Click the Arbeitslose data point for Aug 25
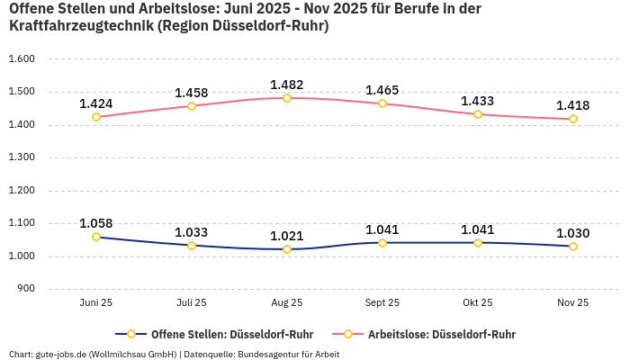[x=287, y=98]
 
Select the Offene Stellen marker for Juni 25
[x=96, y=237]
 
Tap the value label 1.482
[x=287, y=85]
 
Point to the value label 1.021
[x=287, y=236]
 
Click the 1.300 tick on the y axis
[x=21, y=157]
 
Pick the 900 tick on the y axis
[x=25, y=289]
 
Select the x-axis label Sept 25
[x=382, y=303]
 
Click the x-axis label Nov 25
[x=572, y=303]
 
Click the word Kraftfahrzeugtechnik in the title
[x=80, y=26]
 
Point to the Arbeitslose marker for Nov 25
[x=572, y=119]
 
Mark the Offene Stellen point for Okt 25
[x=478, y=242]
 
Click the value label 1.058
[x=96, y=223]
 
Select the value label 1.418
[x=572, y=105]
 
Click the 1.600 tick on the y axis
[x=21, y=59]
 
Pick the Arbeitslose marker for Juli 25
[x=192, y=106]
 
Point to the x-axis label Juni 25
[x=96, y=303]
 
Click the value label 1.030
[x=572, y=233]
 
